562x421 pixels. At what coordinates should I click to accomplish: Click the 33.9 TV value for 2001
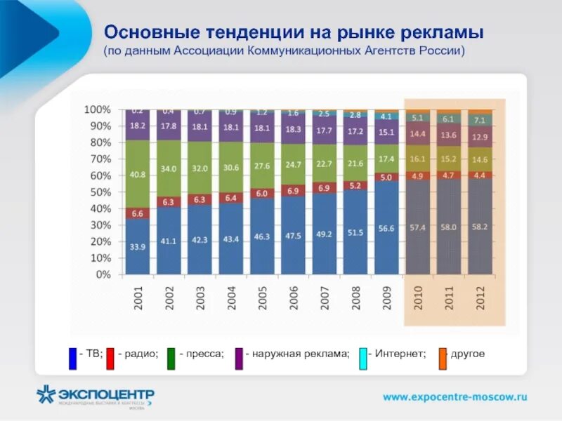click(138, 247)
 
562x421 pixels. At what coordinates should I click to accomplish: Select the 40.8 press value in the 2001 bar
click(138, 175)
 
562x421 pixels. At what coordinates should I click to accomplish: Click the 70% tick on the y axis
click(98, 159)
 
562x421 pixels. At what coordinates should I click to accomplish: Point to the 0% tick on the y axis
click(102, 275)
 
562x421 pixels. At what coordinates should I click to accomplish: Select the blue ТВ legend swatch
click(72, 358)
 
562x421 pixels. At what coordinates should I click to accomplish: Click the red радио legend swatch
click(110, 358)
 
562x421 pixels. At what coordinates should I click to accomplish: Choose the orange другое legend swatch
click(443, 358)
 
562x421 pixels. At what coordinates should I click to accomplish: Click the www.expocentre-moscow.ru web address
click(455, 396)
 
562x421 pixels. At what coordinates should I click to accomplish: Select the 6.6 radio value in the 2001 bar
click(138, 213)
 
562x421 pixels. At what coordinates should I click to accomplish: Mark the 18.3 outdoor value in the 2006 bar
click(293, 129)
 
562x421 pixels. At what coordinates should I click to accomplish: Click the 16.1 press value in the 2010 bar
click(418, 159)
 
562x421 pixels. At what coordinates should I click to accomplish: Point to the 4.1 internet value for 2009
click(386, 116)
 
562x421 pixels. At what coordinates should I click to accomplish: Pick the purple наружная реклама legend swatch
click(240, 358)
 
